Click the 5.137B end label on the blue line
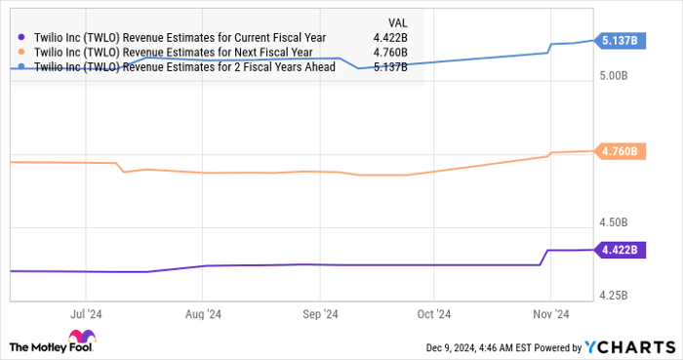pos(619,40)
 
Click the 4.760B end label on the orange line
pos(619,151)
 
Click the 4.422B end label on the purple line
pos(619,250)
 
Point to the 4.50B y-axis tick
pos(616,227)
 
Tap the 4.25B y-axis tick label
pos(616,295)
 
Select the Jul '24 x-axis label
pos(86,315)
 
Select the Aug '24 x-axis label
pos(202,315)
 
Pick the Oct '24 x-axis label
pos(433,315)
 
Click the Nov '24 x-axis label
pos(549,315)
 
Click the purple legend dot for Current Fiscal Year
pos(22,37)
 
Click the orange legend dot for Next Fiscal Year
pos(22,53)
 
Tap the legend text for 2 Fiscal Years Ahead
pos(184,67)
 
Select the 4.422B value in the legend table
pos(390,37)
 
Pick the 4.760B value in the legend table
pos(390,53)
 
